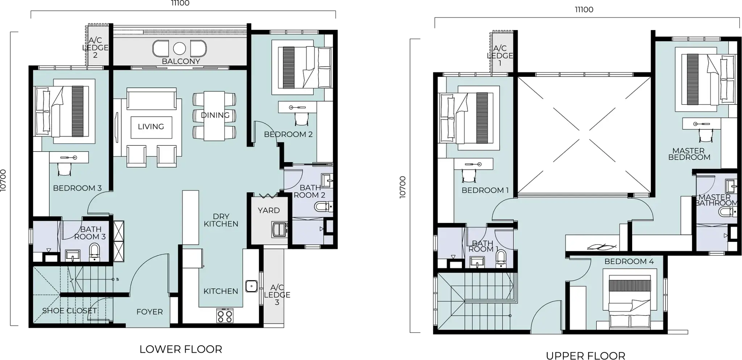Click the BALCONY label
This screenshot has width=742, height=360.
click(181, 61)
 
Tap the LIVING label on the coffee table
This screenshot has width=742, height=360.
click(151, 127)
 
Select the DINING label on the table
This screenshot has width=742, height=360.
click(215, 115)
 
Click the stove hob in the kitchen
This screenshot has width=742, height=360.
click(225, 315)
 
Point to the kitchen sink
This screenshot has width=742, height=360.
click(251, 286)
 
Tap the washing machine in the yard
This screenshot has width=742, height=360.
click(279, 229)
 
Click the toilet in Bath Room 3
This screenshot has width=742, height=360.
click(95, 252)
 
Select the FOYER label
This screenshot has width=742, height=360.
click(150, 312)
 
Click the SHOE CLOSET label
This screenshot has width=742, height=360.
click(70, 311)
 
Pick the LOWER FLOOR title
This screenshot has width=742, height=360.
click(181, 349)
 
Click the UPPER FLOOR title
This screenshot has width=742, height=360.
click(585, 356)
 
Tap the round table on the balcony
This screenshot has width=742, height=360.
click(179, 48)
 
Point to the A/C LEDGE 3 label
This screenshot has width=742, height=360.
click(277, 295)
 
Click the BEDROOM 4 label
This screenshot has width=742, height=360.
click(629, 261)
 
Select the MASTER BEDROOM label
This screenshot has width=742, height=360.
click(689, 154)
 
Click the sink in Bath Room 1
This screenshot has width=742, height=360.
click(477, 261)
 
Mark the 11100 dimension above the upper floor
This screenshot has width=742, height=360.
click(584, 10)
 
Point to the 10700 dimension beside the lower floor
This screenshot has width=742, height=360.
click(3, 180)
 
